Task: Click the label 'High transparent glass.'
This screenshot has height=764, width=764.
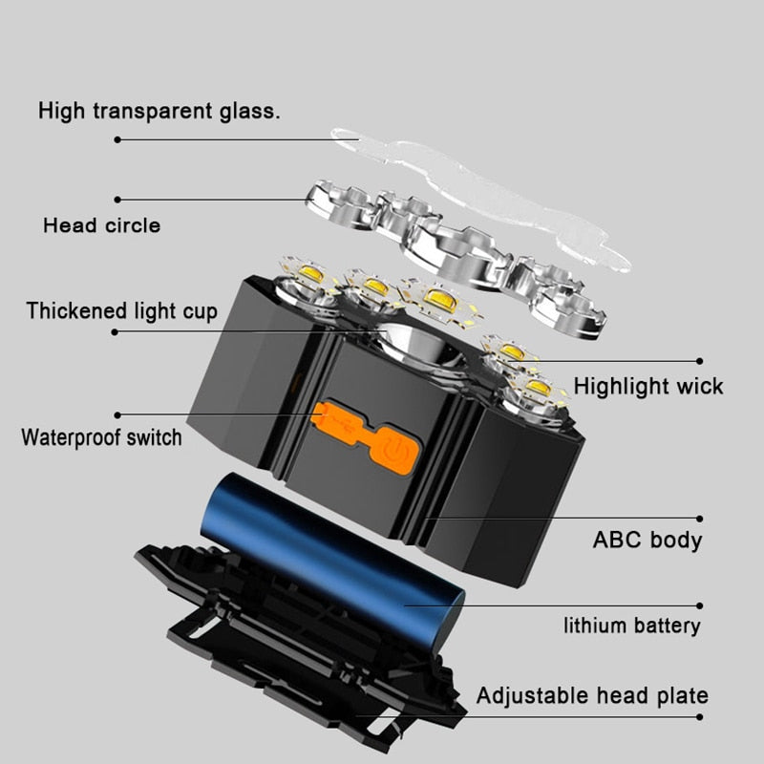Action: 159,111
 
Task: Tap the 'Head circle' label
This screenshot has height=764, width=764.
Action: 101,226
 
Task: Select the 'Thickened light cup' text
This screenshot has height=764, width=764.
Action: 121,310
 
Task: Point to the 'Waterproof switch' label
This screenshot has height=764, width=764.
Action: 101,438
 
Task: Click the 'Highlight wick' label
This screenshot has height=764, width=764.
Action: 648,386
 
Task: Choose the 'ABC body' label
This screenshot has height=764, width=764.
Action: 647,540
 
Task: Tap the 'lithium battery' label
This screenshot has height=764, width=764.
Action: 631,626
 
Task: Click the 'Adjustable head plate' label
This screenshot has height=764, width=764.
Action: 592,695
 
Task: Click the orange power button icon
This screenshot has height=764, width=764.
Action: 397,450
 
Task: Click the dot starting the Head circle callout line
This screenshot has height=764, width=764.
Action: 117,200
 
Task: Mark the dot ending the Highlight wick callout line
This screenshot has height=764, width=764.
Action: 700,361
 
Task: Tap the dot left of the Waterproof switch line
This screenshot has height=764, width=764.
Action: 117,415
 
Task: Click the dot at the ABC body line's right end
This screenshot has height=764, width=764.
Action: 700,520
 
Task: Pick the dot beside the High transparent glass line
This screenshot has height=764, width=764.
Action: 117,139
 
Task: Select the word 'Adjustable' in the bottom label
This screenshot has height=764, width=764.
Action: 528,695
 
